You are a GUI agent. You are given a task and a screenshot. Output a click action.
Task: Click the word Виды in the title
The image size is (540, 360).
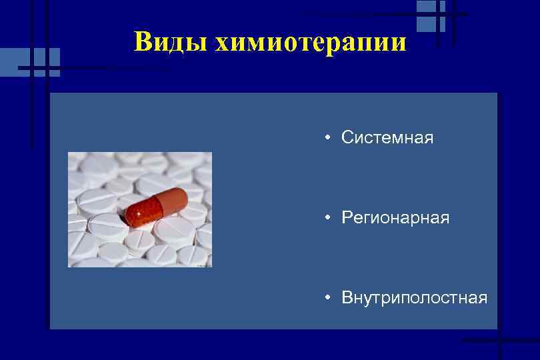point(170,42)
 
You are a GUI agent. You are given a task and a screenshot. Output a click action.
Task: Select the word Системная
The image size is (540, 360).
point(387,138)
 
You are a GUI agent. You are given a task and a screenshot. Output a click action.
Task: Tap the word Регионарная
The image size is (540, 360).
point(395,218)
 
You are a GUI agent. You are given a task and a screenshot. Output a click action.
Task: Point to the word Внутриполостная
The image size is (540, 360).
point(414,297)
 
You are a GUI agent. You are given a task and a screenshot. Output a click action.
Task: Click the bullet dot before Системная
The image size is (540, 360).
point(329,138)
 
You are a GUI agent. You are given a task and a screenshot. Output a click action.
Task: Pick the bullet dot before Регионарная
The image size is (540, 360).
point(329,218)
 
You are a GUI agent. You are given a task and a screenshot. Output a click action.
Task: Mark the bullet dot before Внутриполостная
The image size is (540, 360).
point(329,297)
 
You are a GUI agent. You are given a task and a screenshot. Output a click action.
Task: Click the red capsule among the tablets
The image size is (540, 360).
point(157,205)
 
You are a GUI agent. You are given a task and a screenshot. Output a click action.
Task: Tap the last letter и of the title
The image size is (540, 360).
point(397,44)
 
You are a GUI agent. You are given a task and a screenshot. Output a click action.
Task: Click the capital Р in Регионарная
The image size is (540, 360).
point(347,218)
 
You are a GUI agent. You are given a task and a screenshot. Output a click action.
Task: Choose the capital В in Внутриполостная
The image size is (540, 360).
point(347,297)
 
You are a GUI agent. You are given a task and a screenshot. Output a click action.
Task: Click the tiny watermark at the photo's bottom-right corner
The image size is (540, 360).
point(204,265)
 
